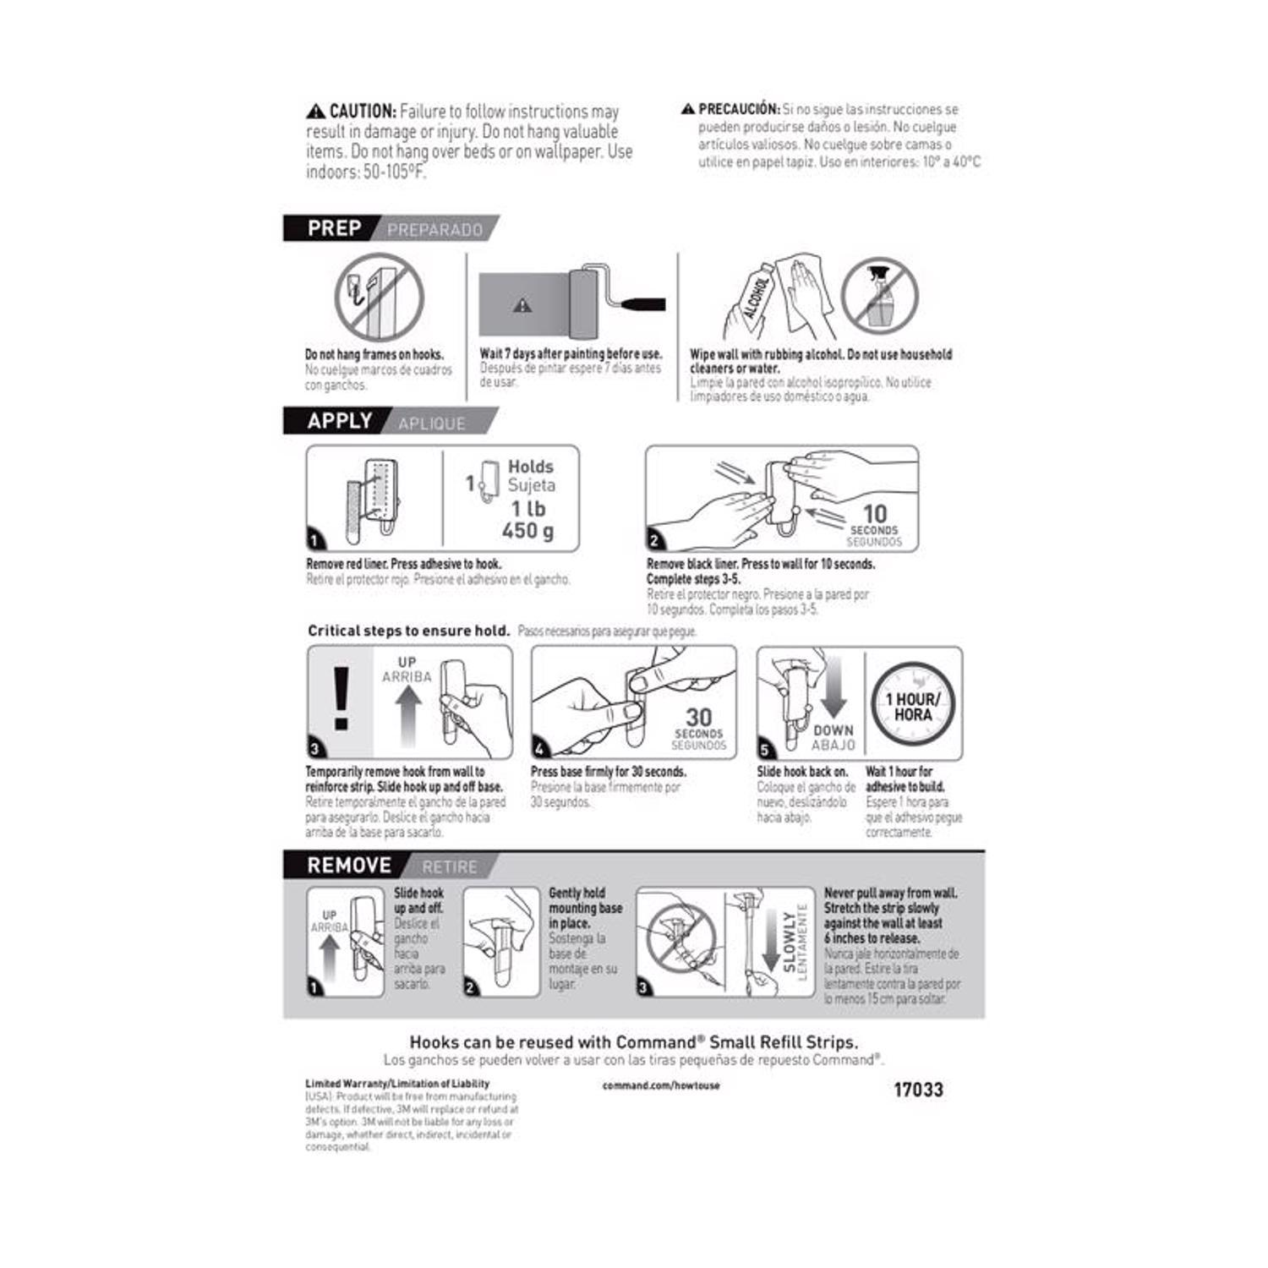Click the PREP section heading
[334, 228]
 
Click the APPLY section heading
[339, 421]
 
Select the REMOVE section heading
[348, 866]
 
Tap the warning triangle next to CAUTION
[315, 112]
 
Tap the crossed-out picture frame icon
[378, 297]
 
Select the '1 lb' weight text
[528, 509]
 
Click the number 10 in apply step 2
[874, 513]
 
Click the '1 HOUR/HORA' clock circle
[913, 707]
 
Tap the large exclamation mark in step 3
[341, 699]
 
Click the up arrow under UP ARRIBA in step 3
[408, 714]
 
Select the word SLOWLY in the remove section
[790, 942]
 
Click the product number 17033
[918, 1090]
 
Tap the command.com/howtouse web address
[661, 1085]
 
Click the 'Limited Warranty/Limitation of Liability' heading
[397, 1084]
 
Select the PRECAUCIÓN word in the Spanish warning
[739, 109]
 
